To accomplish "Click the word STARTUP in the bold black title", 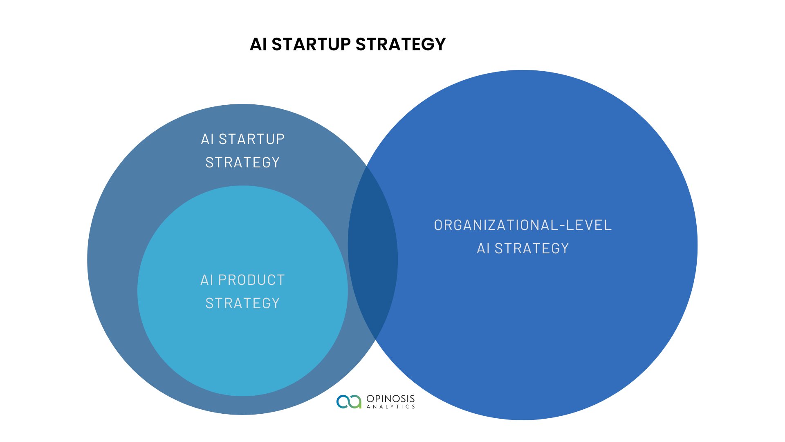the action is [x=311, y=44].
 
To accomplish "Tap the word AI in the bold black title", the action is [x=258, y=44].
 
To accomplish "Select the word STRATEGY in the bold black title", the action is [x=401, y=44].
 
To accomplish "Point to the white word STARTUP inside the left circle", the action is [x=251, y=139].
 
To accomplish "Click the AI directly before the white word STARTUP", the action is [x=207, y=139].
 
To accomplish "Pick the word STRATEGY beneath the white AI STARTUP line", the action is [x=242, y=162].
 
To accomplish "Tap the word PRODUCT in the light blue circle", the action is [x=251, y=280].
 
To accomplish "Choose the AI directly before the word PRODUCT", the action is [x=207, y=280].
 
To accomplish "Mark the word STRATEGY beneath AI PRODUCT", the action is [x=242, y=303].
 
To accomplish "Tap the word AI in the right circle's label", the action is [x=483, y=248].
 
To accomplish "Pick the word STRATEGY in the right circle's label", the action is [x=532, y=248].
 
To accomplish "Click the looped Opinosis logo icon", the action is [x=349, y=401].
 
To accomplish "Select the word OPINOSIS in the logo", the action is [x=390, y=399].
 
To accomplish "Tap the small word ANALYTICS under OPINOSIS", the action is [x=390, y=406].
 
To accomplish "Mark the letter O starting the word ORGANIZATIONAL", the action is [x=438, y=225].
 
